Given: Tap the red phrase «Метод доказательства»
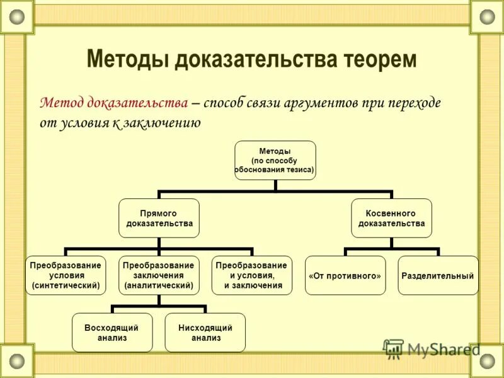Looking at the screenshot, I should click(114, 102).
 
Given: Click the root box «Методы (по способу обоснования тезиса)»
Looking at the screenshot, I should click(275, 160).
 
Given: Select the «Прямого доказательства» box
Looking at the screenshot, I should click(159, 218).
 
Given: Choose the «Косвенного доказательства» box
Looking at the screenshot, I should click(391, 218).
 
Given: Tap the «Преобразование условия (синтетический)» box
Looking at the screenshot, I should click(66, 275).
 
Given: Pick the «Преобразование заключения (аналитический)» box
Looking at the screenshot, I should click(159, 275).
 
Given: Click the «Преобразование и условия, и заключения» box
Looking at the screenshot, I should click(251, 275).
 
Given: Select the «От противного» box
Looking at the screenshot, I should click(345, 276).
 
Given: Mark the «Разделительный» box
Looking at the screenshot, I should click(438, 276).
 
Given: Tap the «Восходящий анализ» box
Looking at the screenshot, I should click(112, 332).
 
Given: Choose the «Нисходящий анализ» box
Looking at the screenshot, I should click(205, 332).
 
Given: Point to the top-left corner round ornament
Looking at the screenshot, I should click(17, 17).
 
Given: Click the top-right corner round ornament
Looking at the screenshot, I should click(487, 17).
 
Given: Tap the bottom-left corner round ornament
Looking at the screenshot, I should click(17, 361).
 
